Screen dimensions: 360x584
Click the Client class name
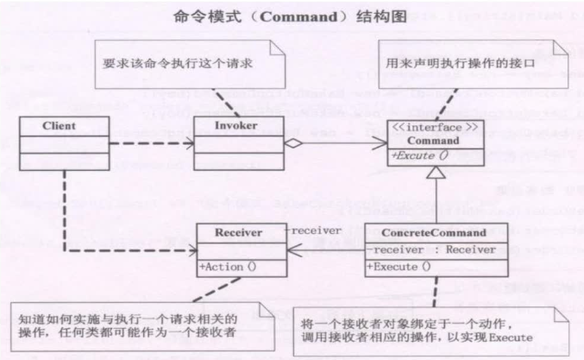tap(58, 125)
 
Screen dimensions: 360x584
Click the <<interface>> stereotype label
tap(428, 127)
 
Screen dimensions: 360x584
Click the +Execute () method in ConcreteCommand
tap(399, 266)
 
